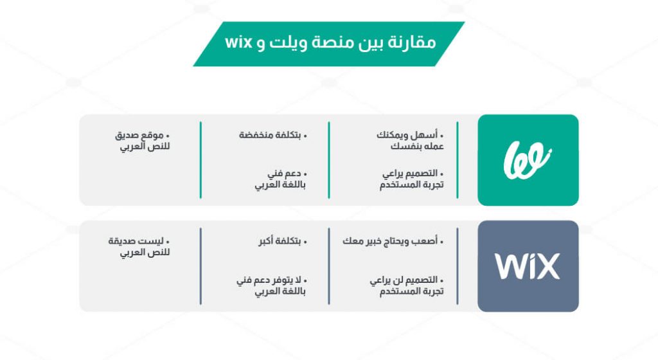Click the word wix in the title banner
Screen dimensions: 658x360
[x=238, y=42]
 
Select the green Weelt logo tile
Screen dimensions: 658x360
[x=528, y=160]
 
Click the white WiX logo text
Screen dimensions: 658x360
[x=528, y=266]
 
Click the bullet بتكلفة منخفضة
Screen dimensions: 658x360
[x=272, y=135]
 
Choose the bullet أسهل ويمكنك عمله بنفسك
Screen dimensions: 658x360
[x=410, y=141]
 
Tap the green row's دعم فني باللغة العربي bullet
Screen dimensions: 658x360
[x=281, y=179]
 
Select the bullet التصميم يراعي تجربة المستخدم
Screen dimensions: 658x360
[x=412, y=179]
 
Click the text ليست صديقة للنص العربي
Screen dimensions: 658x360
[x=139, y=247]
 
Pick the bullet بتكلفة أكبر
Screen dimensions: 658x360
[x=283, y=241]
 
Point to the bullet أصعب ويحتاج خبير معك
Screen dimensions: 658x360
[x=393, y=241]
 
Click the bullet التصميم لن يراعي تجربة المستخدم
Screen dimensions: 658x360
[x=407, y=285]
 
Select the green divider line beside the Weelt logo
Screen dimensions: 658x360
[x=457, y=160]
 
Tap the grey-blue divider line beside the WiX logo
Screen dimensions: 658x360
[x=457, y=266]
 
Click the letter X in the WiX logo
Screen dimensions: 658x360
[x=547, y=266]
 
